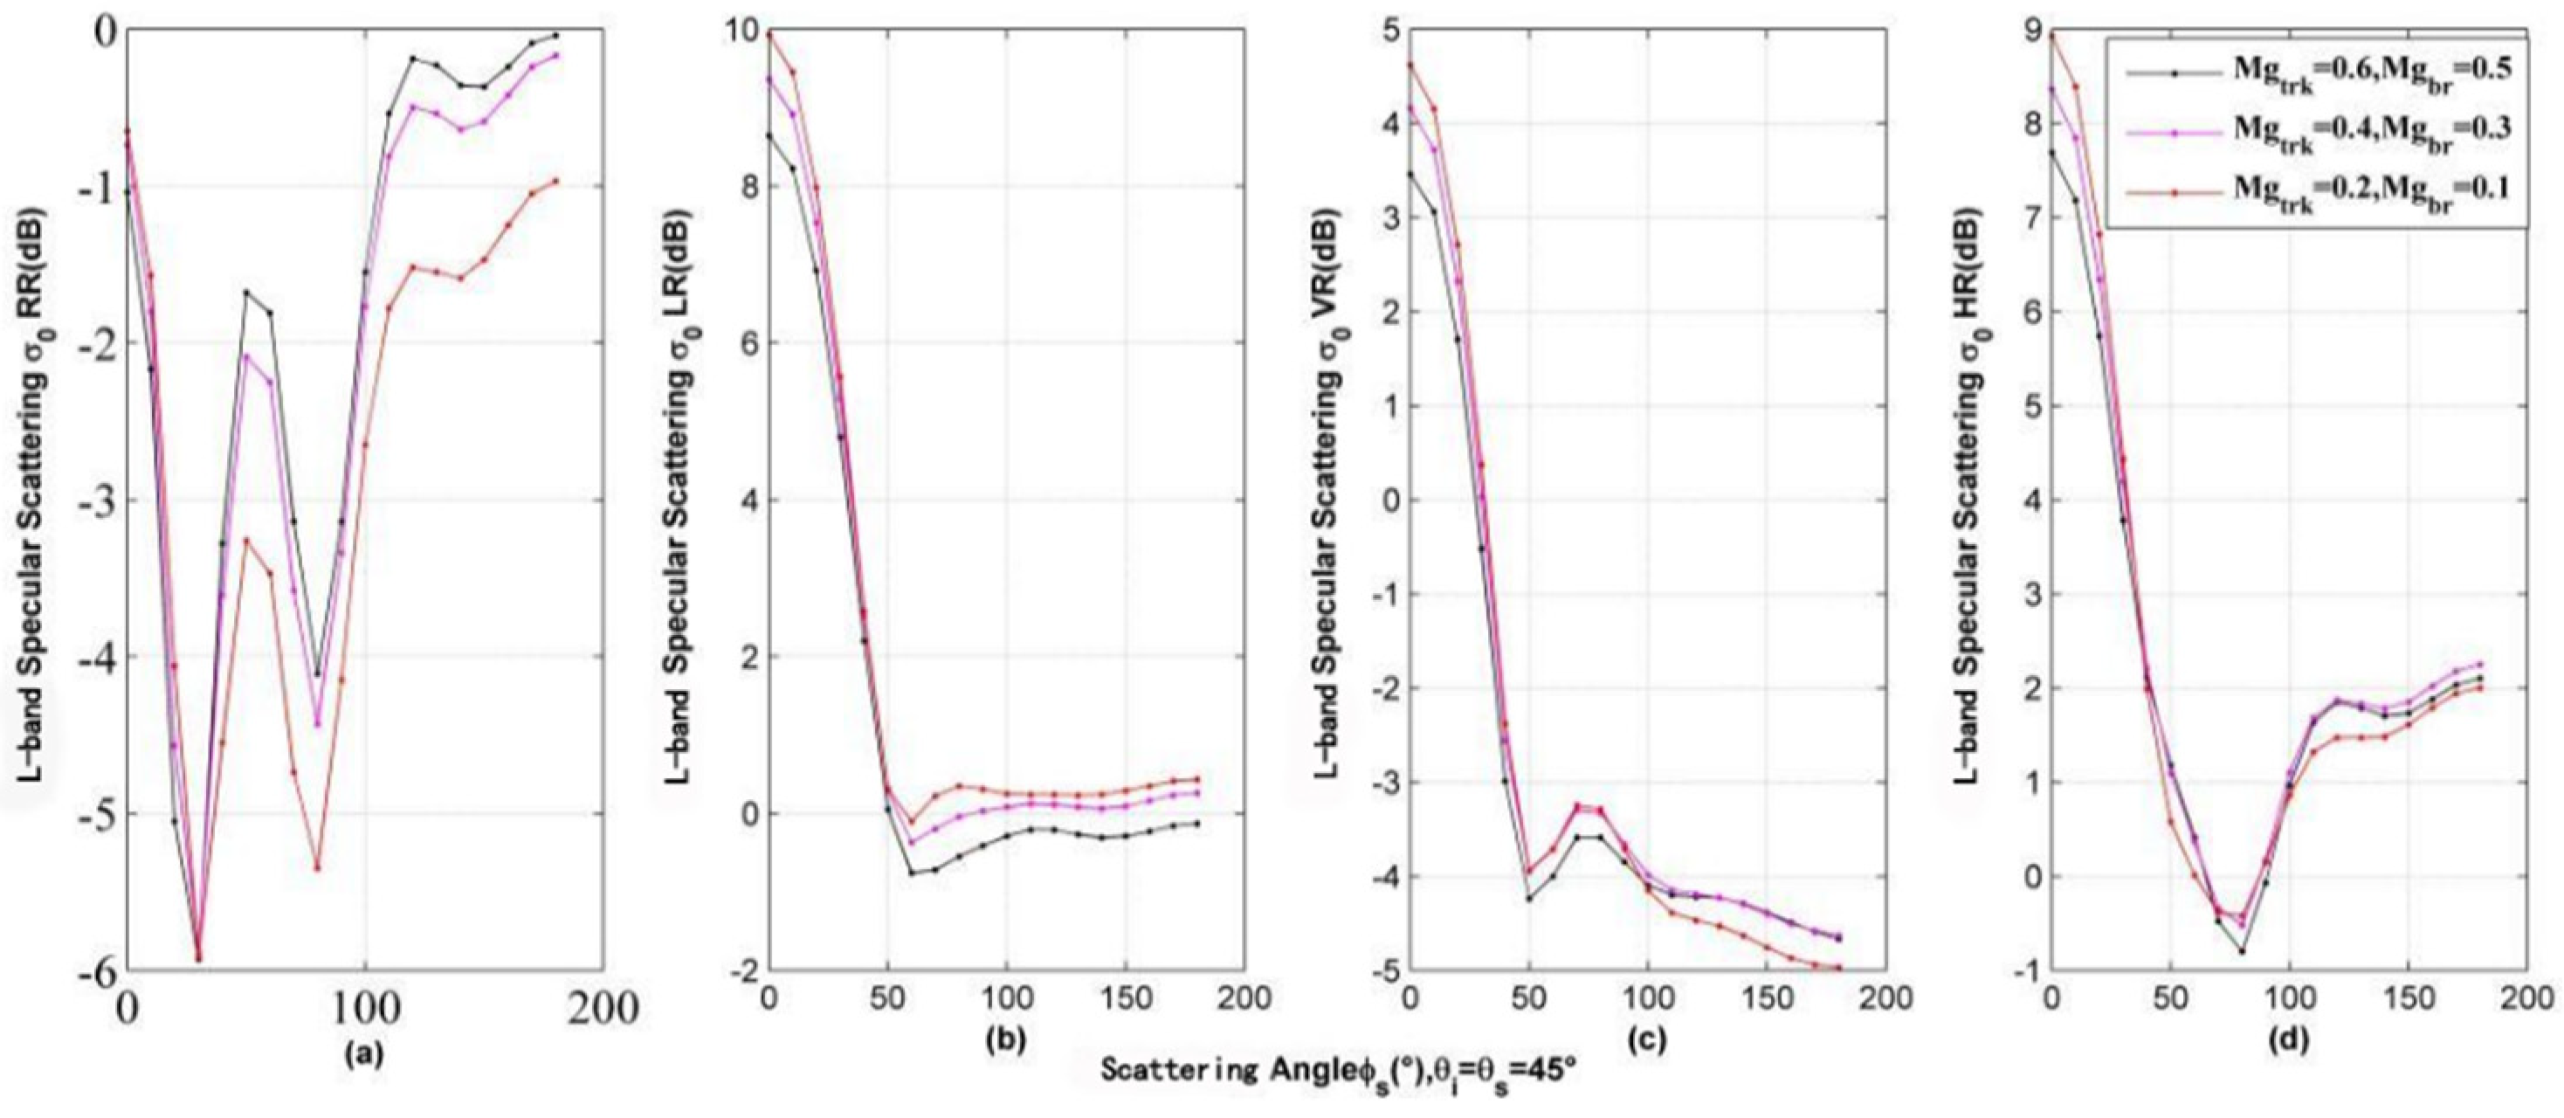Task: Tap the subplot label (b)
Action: coord(1005,1039)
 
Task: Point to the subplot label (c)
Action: coord(1646,1039)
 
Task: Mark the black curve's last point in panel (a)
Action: coord(583,36)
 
